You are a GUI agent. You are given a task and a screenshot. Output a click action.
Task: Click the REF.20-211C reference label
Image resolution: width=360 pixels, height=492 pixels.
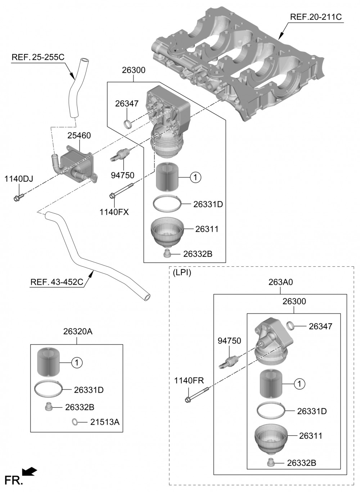(x=316, y=17)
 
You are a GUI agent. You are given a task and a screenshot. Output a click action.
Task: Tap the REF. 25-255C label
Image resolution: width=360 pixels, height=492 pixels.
(x=38, y=57)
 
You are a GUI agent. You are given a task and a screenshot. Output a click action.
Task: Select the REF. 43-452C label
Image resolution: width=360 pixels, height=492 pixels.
(x=57, y=282)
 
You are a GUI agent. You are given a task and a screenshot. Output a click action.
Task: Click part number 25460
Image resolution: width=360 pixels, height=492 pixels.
(x=79, y=136)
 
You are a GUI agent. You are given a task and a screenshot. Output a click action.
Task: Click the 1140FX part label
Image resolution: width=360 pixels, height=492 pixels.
(x=114, y=212)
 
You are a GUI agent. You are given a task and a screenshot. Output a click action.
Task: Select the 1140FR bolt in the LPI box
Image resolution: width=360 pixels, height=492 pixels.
(x=196, y=395)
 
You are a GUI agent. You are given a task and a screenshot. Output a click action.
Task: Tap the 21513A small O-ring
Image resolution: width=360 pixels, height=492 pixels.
(x=75, y=421)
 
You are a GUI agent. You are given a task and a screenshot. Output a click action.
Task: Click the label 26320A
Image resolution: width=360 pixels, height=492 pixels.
(x=78, y=331)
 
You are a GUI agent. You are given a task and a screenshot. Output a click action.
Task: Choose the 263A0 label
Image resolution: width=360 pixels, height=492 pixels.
(x=280, y=283)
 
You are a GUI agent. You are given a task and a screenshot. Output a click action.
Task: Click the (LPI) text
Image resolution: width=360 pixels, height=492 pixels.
(x=182, y=273)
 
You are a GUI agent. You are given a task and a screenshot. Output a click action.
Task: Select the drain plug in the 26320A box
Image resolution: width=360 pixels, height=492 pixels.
(x=47, y=407)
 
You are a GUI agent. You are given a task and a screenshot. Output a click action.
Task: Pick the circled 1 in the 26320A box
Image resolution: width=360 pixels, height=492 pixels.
(x=77, y=363)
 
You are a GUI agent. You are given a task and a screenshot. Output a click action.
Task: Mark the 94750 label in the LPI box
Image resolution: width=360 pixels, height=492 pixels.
(x=229, y=341)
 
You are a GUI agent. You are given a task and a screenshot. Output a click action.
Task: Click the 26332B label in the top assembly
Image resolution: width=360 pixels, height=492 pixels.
(x=198, y=254)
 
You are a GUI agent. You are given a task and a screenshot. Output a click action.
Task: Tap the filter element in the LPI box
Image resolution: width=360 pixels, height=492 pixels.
(x=270, y=384)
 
